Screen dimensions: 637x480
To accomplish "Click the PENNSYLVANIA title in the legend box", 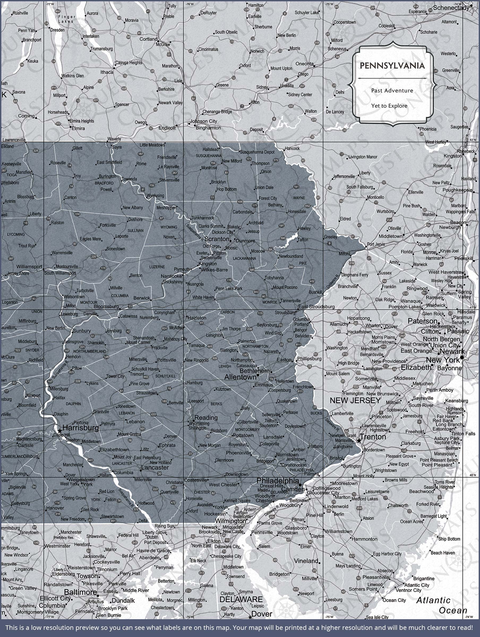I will point(392,66).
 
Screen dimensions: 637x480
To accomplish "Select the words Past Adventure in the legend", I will point(392,91).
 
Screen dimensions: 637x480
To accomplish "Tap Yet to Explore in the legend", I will point(389,106).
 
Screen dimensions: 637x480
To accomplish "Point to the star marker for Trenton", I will point(359,441).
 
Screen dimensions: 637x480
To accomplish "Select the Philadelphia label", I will point(277,480).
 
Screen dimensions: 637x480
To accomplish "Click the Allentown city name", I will point(240,377).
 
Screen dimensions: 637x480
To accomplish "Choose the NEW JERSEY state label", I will point(355,400).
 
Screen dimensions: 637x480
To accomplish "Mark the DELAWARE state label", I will point(241,599).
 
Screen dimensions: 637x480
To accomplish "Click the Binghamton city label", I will point(208,128).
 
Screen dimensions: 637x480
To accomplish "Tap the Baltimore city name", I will point(80,592).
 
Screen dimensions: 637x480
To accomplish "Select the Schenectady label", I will point(451,8).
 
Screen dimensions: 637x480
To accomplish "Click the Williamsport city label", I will point(29,267).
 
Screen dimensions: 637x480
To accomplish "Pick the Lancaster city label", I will point(155,467).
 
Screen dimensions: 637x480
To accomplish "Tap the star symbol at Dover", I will point(250,617).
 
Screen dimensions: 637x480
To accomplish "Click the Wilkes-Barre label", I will point(214,270).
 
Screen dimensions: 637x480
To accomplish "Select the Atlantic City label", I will point(417,585).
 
